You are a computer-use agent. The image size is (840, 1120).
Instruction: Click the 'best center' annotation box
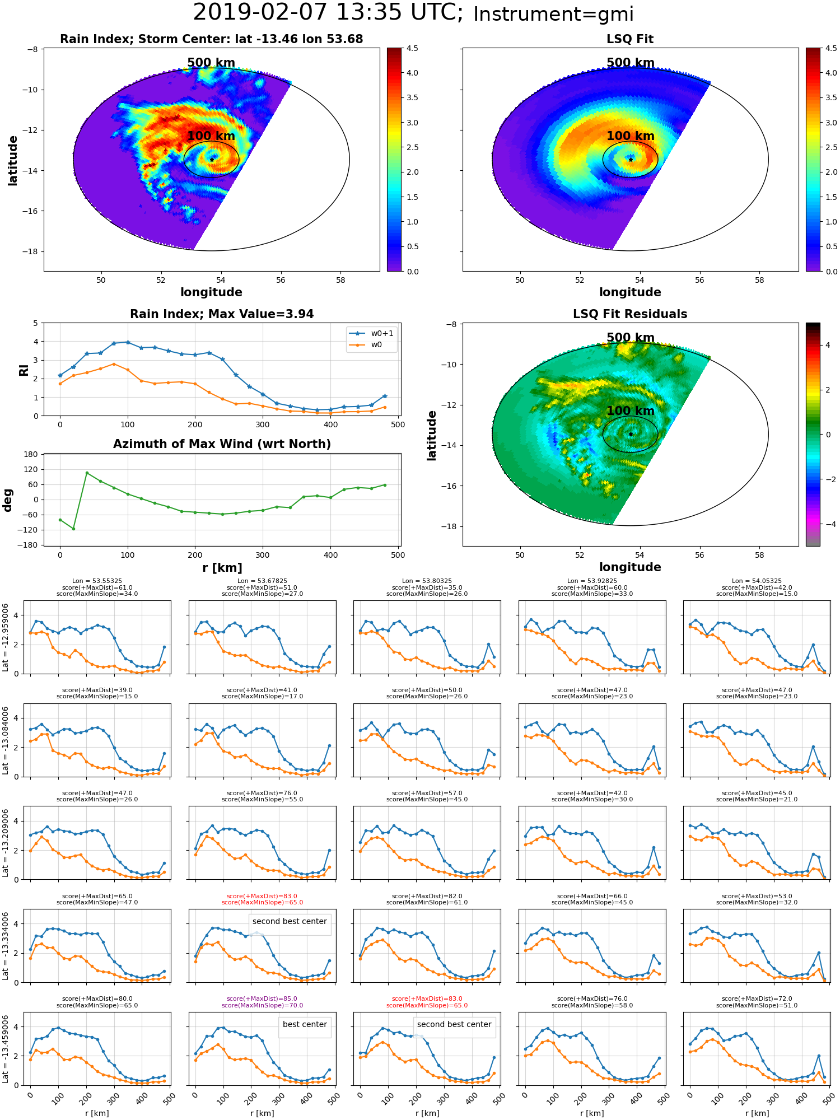pos(305,1024)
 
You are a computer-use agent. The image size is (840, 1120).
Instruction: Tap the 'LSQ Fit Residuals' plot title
pos(630,314)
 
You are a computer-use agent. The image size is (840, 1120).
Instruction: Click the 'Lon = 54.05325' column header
pos(757,581)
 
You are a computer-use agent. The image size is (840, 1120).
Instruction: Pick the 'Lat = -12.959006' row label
pos(6,637)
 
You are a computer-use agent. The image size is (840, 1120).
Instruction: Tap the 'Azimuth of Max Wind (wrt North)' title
pos(222,444)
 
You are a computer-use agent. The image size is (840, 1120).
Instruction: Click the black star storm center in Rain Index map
pos(212,160)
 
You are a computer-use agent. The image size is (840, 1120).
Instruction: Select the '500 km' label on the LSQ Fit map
pos(631,63)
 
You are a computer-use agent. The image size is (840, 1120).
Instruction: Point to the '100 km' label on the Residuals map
pos(631,411)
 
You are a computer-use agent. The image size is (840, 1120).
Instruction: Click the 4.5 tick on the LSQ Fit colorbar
pos(832,49)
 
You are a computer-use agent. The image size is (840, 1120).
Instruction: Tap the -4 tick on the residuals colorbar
pos(828,524)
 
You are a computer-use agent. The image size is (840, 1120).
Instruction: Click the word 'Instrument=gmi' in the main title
pos(553,14)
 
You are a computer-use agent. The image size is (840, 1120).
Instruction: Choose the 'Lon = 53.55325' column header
pos(97,581)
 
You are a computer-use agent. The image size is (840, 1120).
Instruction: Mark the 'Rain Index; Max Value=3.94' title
pos(222,314)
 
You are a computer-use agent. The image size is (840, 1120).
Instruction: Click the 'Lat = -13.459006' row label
pos(6,1048)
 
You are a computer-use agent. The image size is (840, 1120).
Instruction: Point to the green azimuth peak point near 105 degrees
pos(87,473)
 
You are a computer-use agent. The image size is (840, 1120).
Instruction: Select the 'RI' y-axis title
pos(24,370)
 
